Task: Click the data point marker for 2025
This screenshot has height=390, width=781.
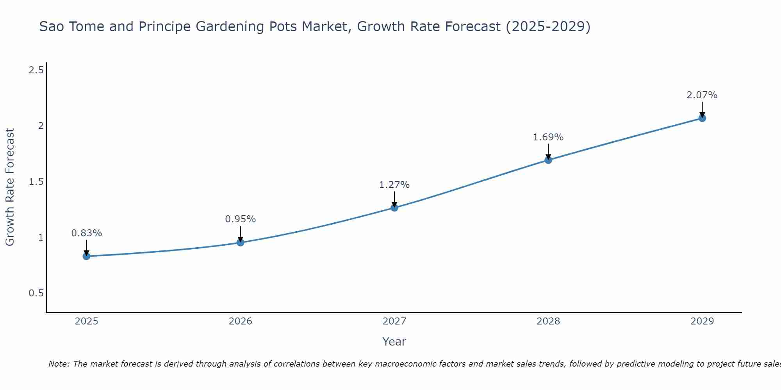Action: [86, 256]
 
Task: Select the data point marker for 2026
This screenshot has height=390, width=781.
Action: [241, 243]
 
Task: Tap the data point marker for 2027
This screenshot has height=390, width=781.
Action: [394, 207]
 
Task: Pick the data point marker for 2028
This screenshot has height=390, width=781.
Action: [548, 160]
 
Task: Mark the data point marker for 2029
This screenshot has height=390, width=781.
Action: [702, 118]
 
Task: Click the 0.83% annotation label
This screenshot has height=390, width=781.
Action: [86, 233]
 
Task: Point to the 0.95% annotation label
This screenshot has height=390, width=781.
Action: [241, 219]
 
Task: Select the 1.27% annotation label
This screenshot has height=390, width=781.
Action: [394, 185]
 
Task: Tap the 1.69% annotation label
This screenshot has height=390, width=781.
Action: [548, 137]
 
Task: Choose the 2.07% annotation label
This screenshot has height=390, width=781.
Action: [702, 95]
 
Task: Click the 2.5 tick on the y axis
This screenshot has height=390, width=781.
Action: [36, 70]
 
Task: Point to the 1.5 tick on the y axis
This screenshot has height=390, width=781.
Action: [36, 182]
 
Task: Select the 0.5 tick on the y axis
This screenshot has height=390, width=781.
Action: [36, 293]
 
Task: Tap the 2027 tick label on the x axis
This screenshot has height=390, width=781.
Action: [394, 321]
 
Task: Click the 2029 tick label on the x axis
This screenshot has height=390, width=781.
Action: [702, 321]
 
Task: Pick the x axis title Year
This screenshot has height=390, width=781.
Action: [394, 342]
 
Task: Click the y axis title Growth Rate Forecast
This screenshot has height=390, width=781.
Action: [10, 187]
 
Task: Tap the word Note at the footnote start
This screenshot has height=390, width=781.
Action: [59, 364]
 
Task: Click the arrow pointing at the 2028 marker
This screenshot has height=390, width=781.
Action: [548, 151]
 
